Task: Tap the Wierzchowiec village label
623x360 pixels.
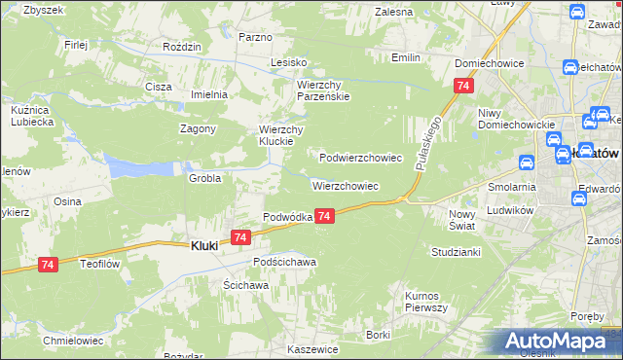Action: tap(345, 185)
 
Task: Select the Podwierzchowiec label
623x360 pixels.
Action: tap(361, 157)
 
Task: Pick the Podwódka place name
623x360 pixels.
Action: tap(287, 217)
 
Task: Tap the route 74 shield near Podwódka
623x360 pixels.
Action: tap(325, 215)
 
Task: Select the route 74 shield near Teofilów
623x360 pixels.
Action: tap(49, 264)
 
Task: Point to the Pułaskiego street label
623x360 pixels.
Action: tap(423, 142)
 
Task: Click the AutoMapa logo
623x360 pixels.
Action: tap(560, 342)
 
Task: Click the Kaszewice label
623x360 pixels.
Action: tap(312, 348)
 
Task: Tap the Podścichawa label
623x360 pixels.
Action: tap(285, 263)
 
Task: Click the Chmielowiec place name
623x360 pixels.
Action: tap(72, 341)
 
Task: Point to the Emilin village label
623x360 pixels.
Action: tap(406, 57)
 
